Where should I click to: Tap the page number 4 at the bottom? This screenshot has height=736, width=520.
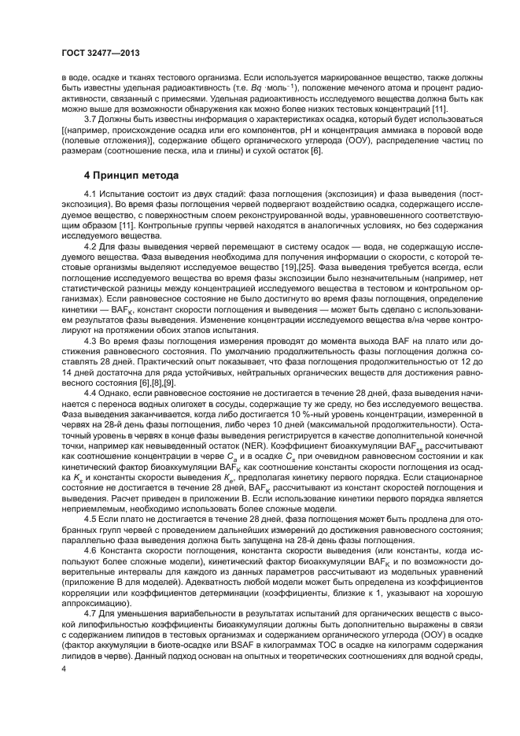pyautogui.click(x=65, y=669)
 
